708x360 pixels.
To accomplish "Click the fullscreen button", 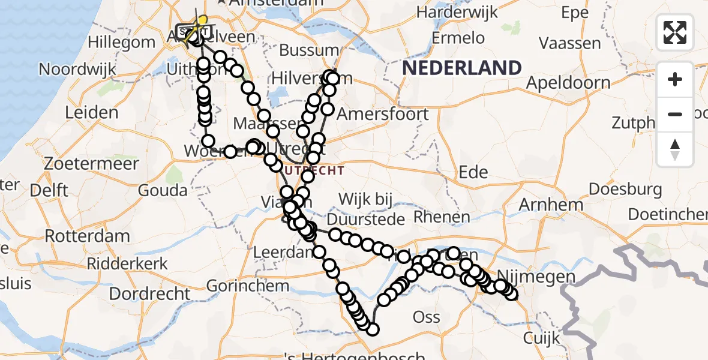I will coord(675,32).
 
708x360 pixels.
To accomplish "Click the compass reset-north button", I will coord(675,149).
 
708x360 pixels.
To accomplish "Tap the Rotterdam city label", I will coord(88,235).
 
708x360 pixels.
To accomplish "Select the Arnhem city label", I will coord(551,205).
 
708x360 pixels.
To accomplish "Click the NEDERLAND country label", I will coord(461,68).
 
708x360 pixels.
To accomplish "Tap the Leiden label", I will coord(92,113).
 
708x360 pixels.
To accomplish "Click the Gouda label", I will coord(162,191).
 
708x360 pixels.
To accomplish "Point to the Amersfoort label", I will coord(383,114).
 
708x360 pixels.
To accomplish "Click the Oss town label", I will coord(427,317).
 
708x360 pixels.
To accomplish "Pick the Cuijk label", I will coord(541,337).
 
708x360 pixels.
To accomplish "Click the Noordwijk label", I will coord(77,69).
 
